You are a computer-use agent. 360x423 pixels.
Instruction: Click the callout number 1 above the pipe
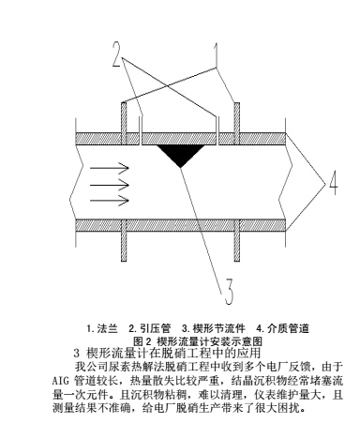(218, 53)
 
